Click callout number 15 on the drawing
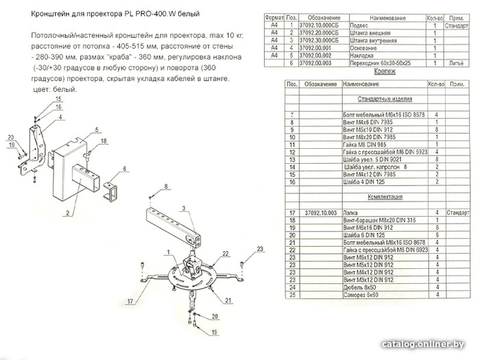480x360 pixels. coord(58,100)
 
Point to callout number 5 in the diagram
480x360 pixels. coord(97,130)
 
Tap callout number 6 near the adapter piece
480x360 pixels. coord(124,168)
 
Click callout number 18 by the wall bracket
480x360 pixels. coord(104,141)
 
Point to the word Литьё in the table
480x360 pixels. coord(456,62)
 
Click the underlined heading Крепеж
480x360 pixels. coord(383,71)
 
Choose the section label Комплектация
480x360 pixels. coord(385,196)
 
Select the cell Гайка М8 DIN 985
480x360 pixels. coord(360,145)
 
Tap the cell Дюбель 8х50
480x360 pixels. coord(355,287)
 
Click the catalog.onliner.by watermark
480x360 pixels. coord(424,344)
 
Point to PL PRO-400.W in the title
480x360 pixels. coord(150,14)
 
